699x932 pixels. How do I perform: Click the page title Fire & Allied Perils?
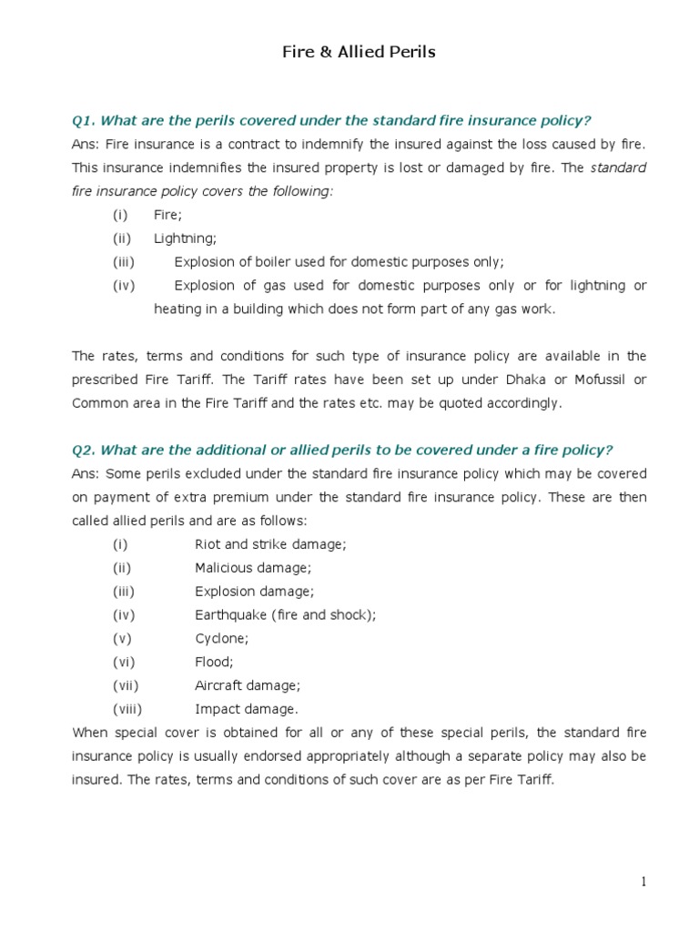358,52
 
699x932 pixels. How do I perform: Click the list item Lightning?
185,238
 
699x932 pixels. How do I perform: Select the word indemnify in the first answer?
349,144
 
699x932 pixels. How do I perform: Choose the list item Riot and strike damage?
270,544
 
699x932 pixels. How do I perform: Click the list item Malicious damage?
252,568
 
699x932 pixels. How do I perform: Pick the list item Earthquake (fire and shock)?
285,615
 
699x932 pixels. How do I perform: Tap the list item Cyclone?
221,639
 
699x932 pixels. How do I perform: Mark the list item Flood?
214,663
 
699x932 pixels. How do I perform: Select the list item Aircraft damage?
247,686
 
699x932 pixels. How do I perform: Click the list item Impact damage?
246,709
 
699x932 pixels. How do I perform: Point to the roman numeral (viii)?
128,709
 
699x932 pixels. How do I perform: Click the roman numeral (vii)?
126,686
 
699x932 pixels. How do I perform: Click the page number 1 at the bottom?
643,881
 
